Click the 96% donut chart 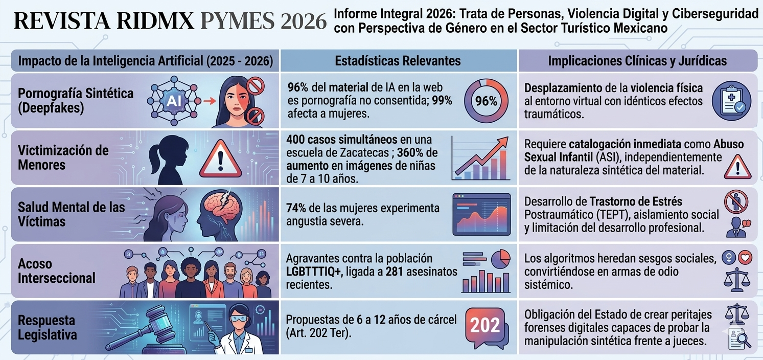[486, 101]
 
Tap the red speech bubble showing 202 [485, 326]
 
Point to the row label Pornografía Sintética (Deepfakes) [76, 101]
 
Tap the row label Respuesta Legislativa [48, 328]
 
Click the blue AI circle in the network [171, 101]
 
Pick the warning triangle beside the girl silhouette [220, 159]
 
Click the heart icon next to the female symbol [746, 258]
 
